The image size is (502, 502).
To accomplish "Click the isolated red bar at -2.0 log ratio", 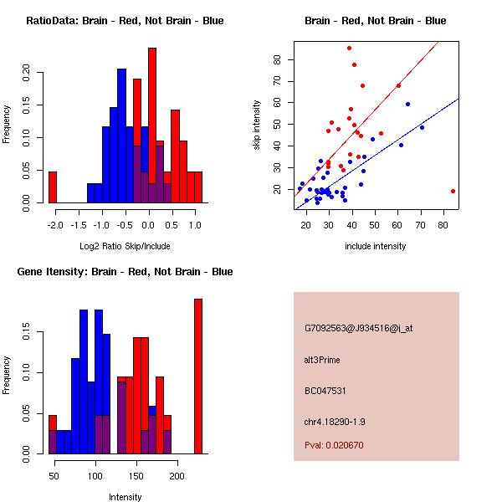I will pyautogui.click(x=52, y=187).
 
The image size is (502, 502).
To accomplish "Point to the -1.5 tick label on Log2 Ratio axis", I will pyautogui.click(x=77, y=224).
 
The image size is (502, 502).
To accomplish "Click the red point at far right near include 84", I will pyautogui.click(x=453, y=191).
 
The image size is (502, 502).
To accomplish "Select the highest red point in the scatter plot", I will pyautogui.click(x=349, y=48).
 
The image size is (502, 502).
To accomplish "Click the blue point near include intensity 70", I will pyautogui.click(x=422, y=127).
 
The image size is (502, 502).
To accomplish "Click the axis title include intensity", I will pyautogui.click(x=376, y=246).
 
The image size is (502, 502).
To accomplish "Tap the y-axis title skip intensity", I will pyautogui.click(x=257, y=125).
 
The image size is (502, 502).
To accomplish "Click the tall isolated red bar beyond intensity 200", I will pyautogui.click(x=198, y=376).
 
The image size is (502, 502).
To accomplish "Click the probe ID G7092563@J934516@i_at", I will pyautogui.click(x=358, y=328).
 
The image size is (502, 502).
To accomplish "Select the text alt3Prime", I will pyautogui.click(x=323, y=360).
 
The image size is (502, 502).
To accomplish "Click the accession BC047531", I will pyautogui.click(x=326, y=391).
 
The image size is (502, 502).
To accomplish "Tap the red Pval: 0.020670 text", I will pyautogui.click(x=334, y=445).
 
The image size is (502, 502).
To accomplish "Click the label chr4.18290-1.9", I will pyautogui.click(x=336, y=421).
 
